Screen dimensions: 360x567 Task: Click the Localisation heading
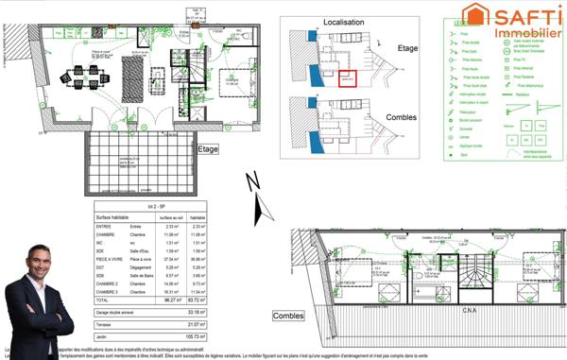tap(344, 21)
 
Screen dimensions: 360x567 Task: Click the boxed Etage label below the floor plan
tap(210, 149)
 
